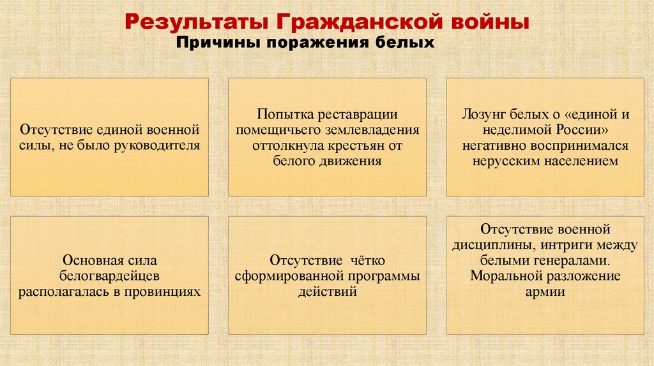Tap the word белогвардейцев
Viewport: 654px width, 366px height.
click(109, 276)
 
